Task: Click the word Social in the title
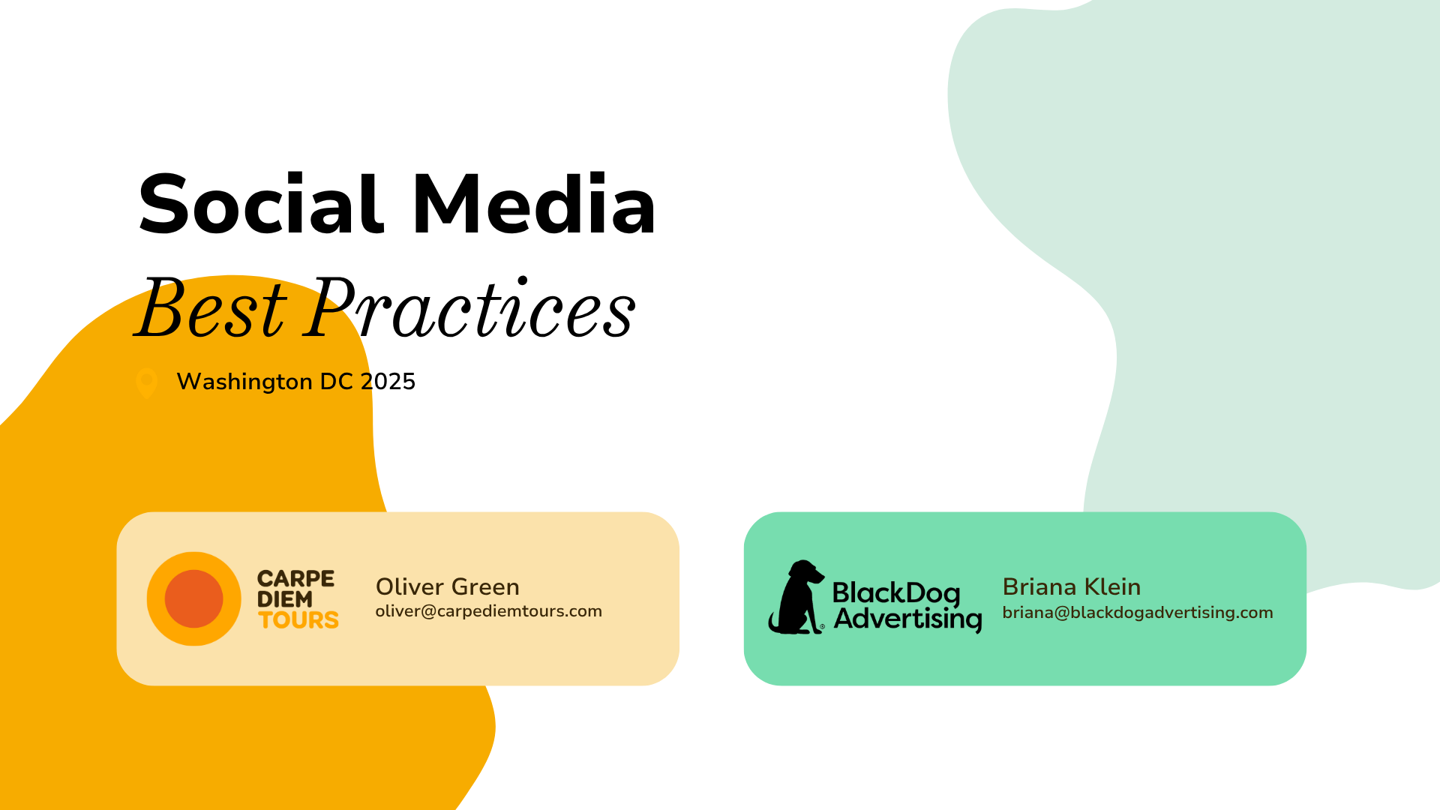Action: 261,204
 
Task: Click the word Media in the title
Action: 535,204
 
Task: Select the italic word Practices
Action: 471,307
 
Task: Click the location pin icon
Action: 146,382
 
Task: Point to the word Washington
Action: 244,382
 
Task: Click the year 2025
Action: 388,382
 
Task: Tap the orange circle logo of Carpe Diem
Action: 193,598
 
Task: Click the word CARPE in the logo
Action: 295,578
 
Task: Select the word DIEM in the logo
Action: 285,599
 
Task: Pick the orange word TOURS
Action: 298,620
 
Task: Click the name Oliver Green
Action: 448,586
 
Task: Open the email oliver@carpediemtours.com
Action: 489,611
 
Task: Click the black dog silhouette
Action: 796,597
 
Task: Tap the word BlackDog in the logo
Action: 896,592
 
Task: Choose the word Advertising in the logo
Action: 908,619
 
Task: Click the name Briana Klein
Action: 1072,586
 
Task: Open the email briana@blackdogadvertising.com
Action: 1138,613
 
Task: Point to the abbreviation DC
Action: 337,382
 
